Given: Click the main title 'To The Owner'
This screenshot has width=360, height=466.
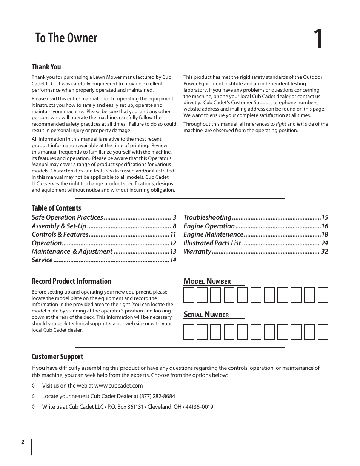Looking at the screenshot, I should tap(66, 38).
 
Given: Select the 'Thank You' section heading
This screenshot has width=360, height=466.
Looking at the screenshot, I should tap(46, 67).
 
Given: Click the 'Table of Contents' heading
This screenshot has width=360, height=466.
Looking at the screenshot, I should tap(56, 208).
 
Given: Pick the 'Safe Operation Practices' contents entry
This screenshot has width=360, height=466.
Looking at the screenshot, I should tap(67, 217).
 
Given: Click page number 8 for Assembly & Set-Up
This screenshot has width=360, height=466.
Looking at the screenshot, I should tap(174, 226).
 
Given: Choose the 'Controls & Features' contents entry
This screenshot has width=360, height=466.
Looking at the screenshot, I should tap(60, 234).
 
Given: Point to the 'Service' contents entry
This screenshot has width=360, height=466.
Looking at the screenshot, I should tap(42, 260).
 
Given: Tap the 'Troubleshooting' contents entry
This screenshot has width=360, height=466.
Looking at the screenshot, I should tap(207, 217).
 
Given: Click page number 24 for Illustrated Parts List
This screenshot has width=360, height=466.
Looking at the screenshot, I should tap(325, 243).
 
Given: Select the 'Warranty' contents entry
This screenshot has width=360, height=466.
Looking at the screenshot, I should tap(197, 251).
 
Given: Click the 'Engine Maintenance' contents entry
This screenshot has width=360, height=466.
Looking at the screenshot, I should tap(213, 234).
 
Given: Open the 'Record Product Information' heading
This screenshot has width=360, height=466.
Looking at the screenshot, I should tap(71, 281).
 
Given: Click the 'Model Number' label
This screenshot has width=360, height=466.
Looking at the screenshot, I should tap(207, 281).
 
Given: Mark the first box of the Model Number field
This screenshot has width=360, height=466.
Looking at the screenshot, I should tap(189, 295).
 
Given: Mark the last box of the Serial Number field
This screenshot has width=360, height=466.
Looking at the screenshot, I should tap(323, 332).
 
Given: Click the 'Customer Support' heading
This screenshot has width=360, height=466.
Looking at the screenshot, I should tap(57, 357).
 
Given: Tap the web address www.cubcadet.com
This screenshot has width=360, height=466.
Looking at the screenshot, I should tap(118, 386).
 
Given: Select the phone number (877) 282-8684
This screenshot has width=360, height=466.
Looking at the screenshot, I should tap(157, 396).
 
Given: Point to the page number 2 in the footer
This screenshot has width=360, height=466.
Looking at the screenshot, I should tap(23, 442).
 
